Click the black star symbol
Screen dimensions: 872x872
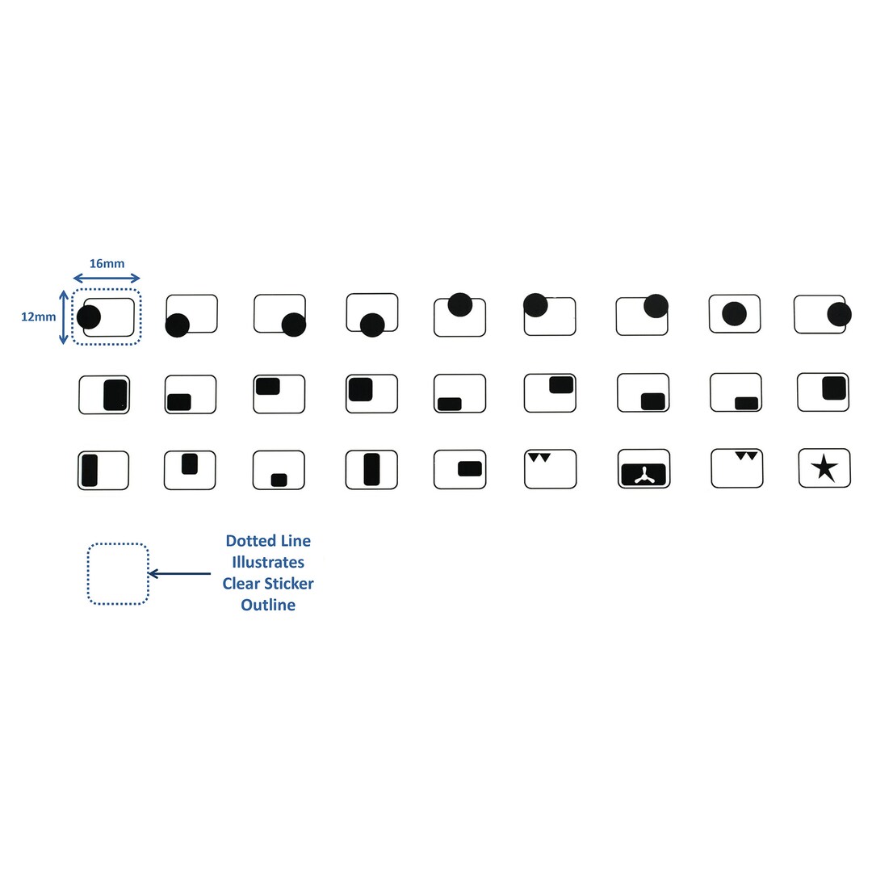pos(824,467)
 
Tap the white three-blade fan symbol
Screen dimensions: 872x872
pos(644,476)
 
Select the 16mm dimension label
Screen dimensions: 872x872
pos(107,263)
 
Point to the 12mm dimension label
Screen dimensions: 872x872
pos(39,317)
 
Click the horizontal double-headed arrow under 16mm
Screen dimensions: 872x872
pos(107,278)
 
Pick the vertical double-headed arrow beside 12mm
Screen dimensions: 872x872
pos(64,317)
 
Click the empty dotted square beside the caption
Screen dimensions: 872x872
pos(118,574)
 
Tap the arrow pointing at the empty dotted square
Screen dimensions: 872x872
pos(179,573)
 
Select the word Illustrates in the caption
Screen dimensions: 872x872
pos(268,562)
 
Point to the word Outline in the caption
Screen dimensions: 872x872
pos(268,605)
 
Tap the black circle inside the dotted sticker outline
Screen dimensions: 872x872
pos(89,317)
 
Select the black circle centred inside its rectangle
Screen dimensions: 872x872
pos(734,313)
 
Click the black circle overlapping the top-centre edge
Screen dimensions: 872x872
pos(460,304)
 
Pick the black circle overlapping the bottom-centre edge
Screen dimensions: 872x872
pos(372,325)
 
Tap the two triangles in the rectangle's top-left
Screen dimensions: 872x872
pos(539,458)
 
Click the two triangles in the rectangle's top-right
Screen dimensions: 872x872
pos(746,456)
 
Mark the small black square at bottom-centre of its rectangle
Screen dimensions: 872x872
pos(279,480)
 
